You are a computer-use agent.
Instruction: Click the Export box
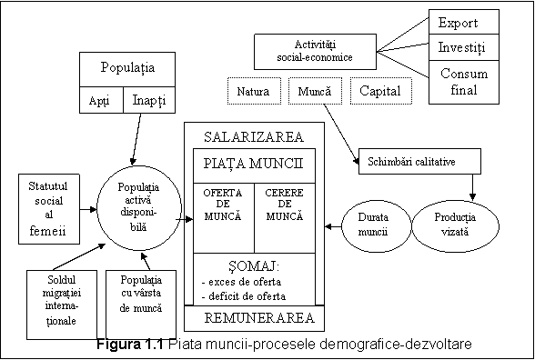(463, 23)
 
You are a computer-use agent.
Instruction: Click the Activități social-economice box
(315, 51)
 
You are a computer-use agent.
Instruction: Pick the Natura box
(253, 92)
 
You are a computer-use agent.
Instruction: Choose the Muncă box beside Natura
(315, 92)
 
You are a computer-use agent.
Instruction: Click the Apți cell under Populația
(100, 100)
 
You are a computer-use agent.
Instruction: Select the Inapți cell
(148, 100)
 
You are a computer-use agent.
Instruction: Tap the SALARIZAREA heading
(254, 136)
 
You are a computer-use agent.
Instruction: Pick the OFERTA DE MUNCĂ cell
(222, 206)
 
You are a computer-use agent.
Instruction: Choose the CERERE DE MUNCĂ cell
(285, 206)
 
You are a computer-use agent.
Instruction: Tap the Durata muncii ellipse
(374, 225)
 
